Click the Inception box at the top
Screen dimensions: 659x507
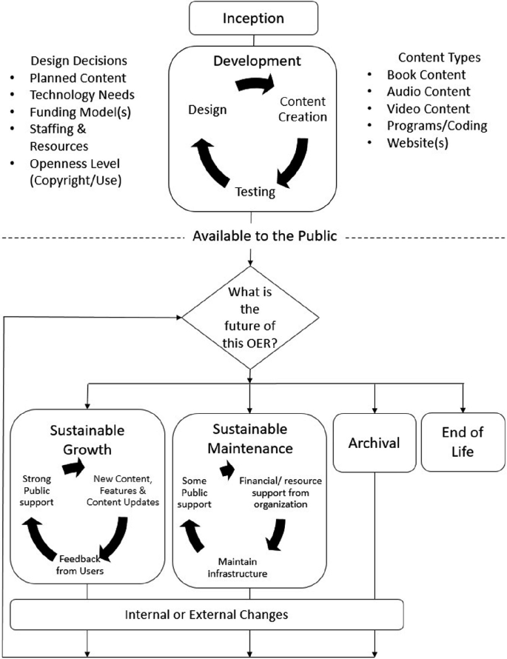coord(253,17)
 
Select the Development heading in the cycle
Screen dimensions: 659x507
coord(252,61)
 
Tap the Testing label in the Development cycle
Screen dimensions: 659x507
coord(255,193)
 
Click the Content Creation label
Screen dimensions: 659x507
coord(302,109)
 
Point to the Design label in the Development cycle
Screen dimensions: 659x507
coord(207,110)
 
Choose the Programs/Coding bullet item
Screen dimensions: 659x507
coord(437,125)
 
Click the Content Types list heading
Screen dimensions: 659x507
coord(439,58)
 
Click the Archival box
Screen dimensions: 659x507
coord(374,443)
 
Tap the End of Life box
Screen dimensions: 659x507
coord(463,441)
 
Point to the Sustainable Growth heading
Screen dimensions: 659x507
coord(87,440)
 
